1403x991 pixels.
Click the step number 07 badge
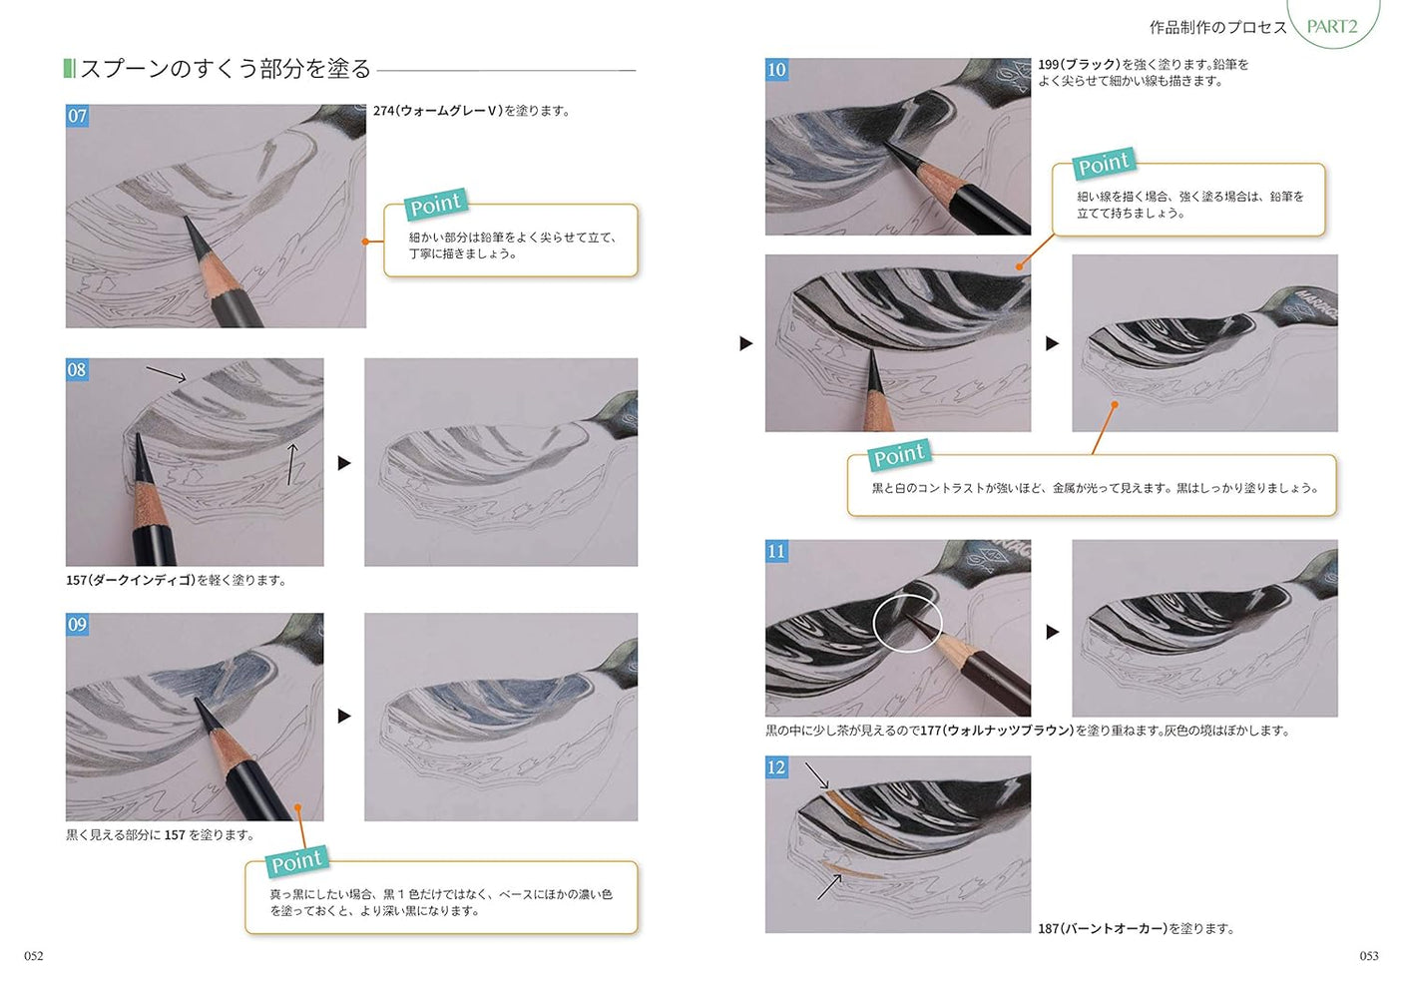point(77,116)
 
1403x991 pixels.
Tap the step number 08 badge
point(77,369)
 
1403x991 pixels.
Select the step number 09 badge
point(77,624)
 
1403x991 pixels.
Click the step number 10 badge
point(776,69)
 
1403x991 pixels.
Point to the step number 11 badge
point(776,551)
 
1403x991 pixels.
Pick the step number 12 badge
point(776,766)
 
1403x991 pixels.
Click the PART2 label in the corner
point(1332,26)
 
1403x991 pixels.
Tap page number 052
point(34,955)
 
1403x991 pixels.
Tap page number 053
point(1369,955)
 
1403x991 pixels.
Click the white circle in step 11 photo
point(907,623)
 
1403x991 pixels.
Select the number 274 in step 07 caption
point(384,111)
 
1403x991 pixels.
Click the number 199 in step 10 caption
point(1049,65)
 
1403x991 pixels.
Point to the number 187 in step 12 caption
point(1049,928)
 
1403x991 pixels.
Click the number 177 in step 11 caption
point(931,731)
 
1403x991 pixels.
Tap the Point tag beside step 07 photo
point(436,205)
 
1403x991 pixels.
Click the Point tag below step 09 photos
point(296,861)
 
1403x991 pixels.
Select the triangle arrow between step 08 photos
point(344,463)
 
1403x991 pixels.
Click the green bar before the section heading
point(69,68)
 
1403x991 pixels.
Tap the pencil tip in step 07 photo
point(188,222)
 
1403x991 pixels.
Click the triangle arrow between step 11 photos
point(1052,632)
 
